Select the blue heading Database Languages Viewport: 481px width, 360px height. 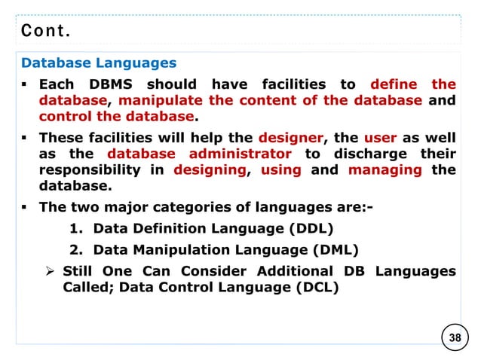point(99,63)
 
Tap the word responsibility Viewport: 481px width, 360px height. point(90,170)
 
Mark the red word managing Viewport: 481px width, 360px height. point(384,170)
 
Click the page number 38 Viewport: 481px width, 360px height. point(455,337)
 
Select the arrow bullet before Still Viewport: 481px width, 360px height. point(52,270)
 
